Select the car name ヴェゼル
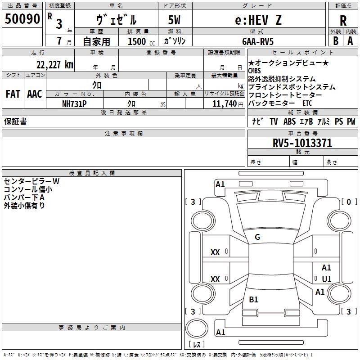point(117,20)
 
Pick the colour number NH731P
point(74,103)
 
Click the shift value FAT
point(13,94)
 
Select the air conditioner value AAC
point(34,94)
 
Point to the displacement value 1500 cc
point(140,41)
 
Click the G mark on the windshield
point(257,237)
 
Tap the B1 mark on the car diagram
point(253,299)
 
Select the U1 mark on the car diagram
point(327,279)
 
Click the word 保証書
point(15,121)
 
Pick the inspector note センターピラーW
point(31,181)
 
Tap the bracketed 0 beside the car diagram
point(349,202)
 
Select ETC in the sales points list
point(307,103)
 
